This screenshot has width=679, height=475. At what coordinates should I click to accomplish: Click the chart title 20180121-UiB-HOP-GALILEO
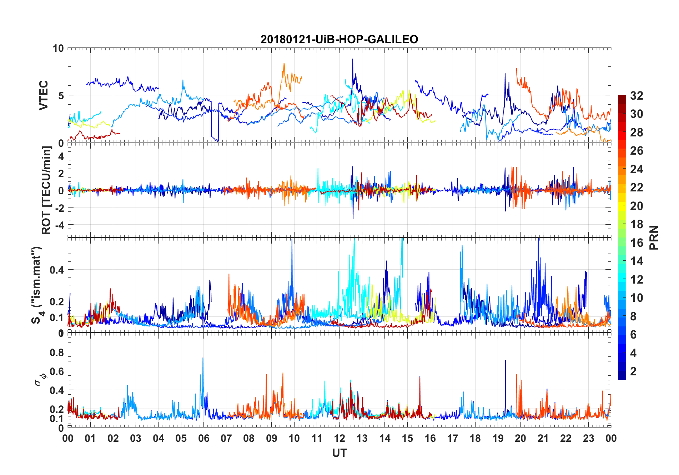[x=339, y=39]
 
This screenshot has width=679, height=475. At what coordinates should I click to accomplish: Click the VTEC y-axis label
[x=43, y=95]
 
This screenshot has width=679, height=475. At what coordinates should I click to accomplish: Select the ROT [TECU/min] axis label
[x=46, y=190]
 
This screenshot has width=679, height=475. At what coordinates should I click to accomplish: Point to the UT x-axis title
[x=339, y=453]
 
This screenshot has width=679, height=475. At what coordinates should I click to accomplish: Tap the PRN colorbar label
[x=654, y=237]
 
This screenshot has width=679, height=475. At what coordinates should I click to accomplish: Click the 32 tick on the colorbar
[x=637, y=96]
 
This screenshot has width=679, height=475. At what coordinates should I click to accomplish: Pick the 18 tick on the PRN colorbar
[x=637, y=224]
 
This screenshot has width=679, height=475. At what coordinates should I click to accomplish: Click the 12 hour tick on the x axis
[x=339, y=438]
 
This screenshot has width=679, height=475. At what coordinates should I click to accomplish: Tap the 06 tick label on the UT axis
[x=203, y=438]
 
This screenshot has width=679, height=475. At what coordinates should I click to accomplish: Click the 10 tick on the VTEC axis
[x=58, y=48]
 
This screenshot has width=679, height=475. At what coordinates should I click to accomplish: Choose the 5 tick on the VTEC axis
[x=61, y=96]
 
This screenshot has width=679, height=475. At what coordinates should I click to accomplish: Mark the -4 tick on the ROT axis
[x=59, y=225]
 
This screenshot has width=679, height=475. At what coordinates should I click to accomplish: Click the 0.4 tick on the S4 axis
[x=57, y=270]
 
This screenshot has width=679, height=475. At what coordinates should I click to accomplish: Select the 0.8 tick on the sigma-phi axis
[x=57, y=352]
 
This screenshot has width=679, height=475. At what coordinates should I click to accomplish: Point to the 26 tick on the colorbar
[x=637, y=151]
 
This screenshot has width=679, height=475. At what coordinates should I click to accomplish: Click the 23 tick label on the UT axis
[x=588, y=438]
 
